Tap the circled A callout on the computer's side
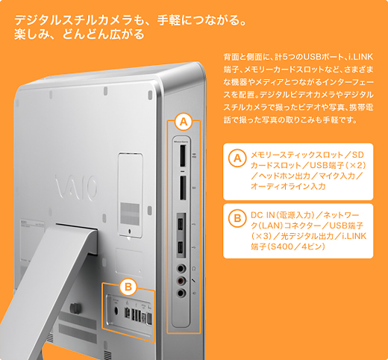(184, 122)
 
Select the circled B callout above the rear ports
(128, 287)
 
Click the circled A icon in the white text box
(237, 158)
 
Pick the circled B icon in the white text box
(237, 218)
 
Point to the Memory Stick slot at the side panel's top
(183, 155)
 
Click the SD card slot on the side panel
(183, 187)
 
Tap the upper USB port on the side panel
(181, 225)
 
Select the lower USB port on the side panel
(181, 248)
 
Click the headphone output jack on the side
(181, 269)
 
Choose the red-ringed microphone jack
(181, 281)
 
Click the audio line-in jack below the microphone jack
(181, 293)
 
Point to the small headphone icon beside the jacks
(194, 268)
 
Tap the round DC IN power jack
(116, 311)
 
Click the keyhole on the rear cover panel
(130, 232)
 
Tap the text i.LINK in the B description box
(354, 236)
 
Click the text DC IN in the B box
(263, 215)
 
